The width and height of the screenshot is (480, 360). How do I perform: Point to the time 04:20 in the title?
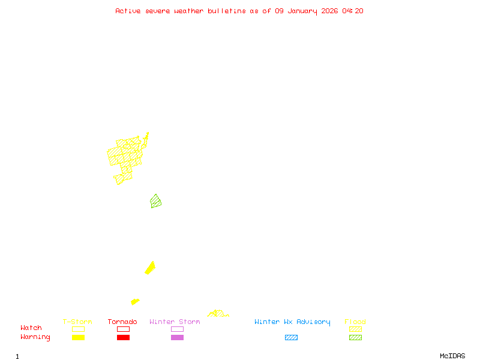pos(353,11)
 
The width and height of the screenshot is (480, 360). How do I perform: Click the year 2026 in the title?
pos(329,11)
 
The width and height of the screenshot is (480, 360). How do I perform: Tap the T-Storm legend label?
pos(77,322)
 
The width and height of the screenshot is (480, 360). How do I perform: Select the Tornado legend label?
pos(122,322)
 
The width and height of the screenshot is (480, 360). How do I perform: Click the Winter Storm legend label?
pos(175,322)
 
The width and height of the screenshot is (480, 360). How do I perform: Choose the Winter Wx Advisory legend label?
pos(292,322)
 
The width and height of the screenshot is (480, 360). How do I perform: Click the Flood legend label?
pos(355,322)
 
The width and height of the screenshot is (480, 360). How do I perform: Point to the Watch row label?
pos(31,328)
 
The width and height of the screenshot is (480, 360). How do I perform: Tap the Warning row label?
pos(35,337)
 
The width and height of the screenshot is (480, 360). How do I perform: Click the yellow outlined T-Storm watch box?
pos(78,329)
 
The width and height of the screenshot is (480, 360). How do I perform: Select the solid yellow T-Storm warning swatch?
pos(78,338)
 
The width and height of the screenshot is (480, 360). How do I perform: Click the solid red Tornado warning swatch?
pos(123,338)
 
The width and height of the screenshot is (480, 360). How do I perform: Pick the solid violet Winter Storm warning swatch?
pos(177,338)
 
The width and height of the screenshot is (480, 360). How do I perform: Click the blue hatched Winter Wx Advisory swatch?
pos(291,338)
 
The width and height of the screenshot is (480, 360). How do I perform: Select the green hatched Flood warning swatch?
pos(355,338)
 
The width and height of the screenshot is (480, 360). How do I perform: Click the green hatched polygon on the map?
pos(156,202)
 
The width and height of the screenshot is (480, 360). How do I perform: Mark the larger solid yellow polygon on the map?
pos(151,268)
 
